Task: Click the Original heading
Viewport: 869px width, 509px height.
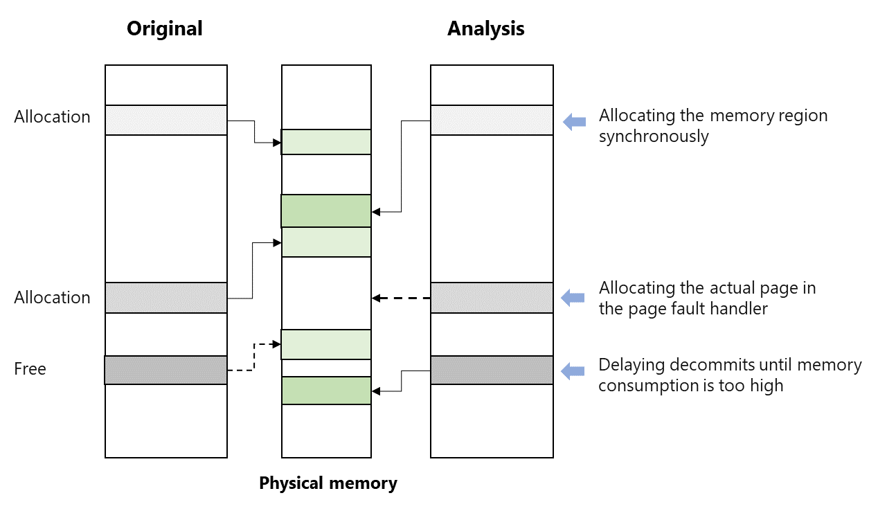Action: click(x=165, y=28)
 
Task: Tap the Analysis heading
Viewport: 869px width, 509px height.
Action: click(x=485, y=28)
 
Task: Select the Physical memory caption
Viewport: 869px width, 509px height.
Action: click(x=328, y=483)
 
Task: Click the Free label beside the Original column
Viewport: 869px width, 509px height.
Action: click(x=30, y=369)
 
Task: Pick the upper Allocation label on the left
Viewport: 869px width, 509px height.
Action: click(x=52, y=117)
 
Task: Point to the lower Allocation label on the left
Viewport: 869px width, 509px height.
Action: click(x=52, y=298)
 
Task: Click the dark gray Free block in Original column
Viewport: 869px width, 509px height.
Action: click(x=165, y=370)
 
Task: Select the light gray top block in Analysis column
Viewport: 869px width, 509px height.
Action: click(x=492, y=120)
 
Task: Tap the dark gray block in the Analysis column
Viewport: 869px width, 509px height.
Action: click(x=492, y=370)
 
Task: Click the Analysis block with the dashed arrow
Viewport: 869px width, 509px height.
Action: click(x=492, y=298)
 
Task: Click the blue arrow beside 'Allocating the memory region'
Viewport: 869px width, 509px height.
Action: click(x=574, y=123)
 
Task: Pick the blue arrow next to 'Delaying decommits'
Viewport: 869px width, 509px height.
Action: click(x=574, y=371)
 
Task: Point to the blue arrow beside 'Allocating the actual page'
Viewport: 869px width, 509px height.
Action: click(x=574, y=298)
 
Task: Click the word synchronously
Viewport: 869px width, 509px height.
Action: click(x=653, y=136)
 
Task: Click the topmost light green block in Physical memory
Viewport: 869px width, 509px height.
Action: click(x=326, y=142)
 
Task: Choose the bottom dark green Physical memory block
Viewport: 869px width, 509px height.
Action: click(x=326, y=391)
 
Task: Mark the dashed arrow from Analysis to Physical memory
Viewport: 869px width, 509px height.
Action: click(x=401, y=298)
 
